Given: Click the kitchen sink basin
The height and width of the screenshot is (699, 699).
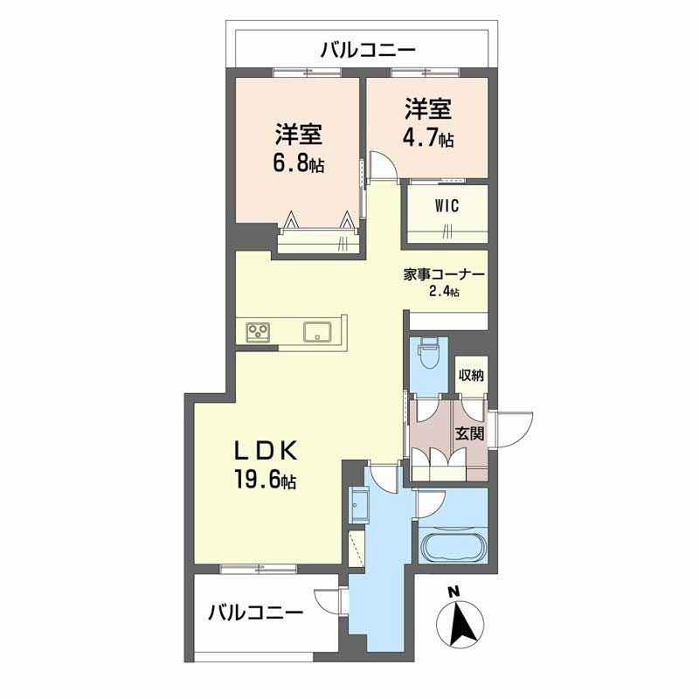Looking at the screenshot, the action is click(x=317, y=332).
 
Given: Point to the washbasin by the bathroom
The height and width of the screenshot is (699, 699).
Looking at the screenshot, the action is click(x=359, y=505).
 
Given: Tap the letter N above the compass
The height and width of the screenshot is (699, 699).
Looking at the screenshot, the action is click(x=453, y=592).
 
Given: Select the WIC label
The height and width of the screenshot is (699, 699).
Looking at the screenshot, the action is click(x=446, y=206).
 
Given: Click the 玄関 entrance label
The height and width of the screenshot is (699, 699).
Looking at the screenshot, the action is click(x=469, y=433).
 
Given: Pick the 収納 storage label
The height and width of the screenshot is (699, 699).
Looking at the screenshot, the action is click(x=471, y=376).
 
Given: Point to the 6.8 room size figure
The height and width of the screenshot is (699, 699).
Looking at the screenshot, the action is click(x=291, y=164).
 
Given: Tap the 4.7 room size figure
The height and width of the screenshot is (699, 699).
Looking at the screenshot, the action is click(x=420, y=138).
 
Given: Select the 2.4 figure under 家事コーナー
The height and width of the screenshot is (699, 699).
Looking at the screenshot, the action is click(x=439, y=292).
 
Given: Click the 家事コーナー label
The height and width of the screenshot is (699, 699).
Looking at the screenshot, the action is click(x=444, y=274).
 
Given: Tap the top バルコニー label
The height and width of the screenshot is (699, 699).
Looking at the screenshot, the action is click(x=368, y=50).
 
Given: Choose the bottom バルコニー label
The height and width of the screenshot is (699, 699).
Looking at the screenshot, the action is click(x=256, y=612).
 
